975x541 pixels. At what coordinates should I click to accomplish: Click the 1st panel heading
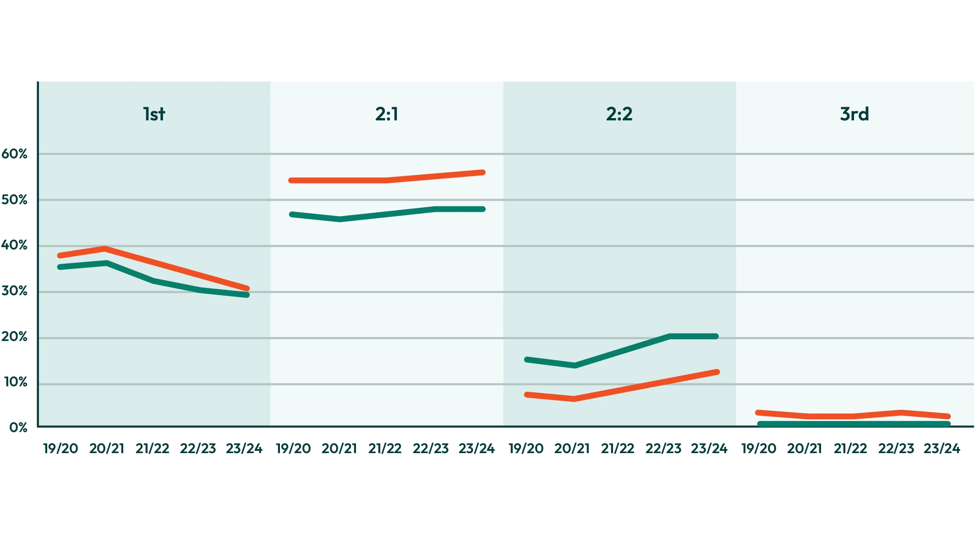[x=154, y=114]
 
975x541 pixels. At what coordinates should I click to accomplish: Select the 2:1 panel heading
[x=387, y=114]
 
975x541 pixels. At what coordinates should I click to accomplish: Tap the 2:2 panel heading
[x=619, y=114]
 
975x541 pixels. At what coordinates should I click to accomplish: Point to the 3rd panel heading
[x=854, y=114]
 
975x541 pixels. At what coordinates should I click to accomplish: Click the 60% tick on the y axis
[x=15, y=154]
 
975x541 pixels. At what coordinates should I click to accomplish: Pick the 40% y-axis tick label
[x=15, y=245]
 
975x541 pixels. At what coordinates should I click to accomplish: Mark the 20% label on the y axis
[x=15, y=338]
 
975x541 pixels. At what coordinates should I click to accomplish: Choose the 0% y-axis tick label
[x=17, y=427]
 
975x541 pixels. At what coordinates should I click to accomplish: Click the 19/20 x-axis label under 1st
[x=61, y=448]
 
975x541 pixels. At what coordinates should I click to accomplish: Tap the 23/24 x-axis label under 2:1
[x=477, y=448]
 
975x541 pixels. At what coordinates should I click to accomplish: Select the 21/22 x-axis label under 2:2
[x=618, y=448]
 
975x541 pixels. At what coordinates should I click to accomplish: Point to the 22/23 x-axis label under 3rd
[x=895, y=448]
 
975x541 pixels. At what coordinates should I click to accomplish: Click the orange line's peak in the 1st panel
[x=105, y=249]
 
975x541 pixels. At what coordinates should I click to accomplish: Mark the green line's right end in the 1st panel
[x=247, y=295]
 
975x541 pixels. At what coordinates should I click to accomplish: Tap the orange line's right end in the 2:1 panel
[x=483, y=173]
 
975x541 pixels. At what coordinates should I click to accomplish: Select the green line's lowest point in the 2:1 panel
[x=340, y=219]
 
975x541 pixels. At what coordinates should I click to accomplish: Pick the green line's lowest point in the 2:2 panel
[x=575, y=365]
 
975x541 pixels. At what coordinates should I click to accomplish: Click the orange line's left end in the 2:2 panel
[x=527, y=395]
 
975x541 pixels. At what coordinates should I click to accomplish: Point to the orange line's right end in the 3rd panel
[x=948, y=417]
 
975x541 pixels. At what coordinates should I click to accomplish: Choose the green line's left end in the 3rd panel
[x=760, y=424]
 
